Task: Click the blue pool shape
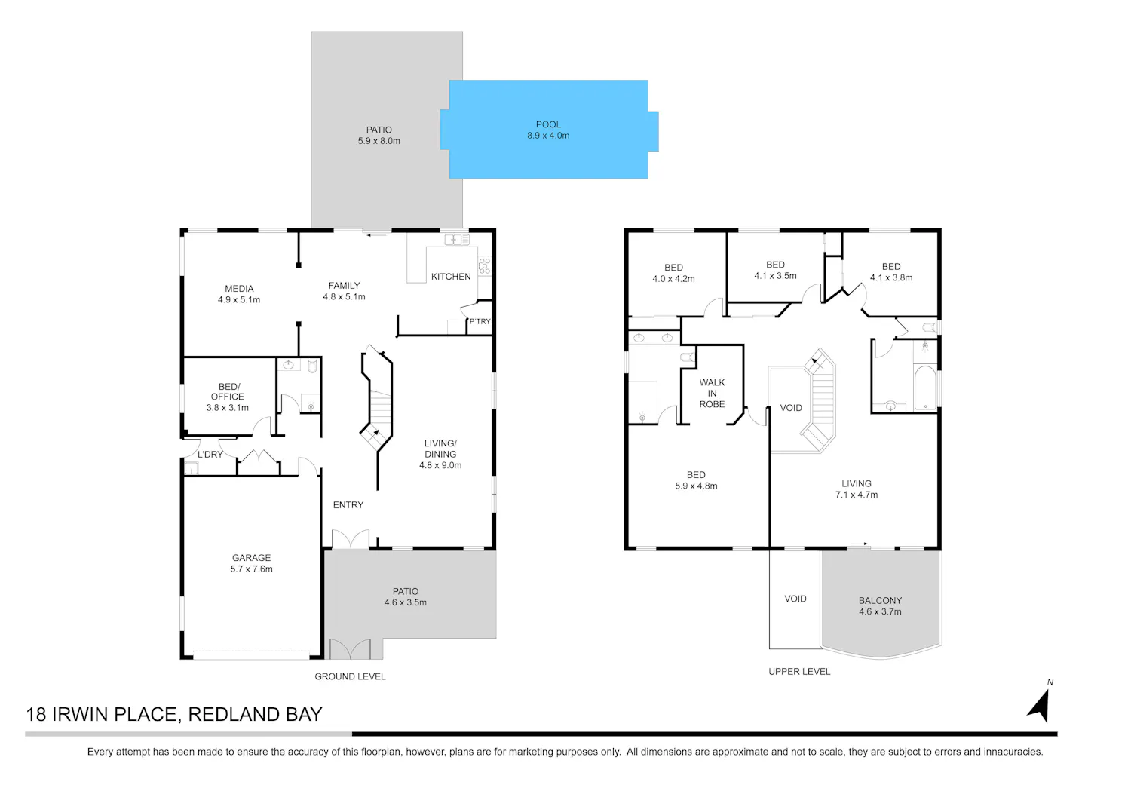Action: coord(549,129)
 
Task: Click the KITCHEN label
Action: coord(451,276)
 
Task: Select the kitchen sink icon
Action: coord(456,239)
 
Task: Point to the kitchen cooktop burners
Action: coord(485,265)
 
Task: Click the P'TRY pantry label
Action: coord(480,321)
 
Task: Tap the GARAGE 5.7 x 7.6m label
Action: coord(251,563)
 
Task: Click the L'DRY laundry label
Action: coord(210,455)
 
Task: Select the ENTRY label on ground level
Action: coord(348,504)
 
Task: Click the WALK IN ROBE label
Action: coord(712,393)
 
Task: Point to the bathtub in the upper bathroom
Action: coord(925,388)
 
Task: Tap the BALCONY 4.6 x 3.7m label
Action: coord(880,605)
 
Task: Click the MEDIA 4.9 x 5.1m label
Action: coord(239,294)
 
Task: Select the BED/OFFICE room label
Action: coord(227,397)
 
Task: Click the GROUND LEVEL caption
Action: coord(350,676)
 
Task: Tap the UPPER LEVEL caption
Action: coord(799,671)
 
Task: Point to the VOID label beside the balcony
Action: coord(795,599)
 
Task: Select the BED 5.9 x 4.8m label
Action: coord(696,480)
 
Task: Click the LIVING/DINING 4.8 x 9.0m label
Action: coord(440,454)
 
